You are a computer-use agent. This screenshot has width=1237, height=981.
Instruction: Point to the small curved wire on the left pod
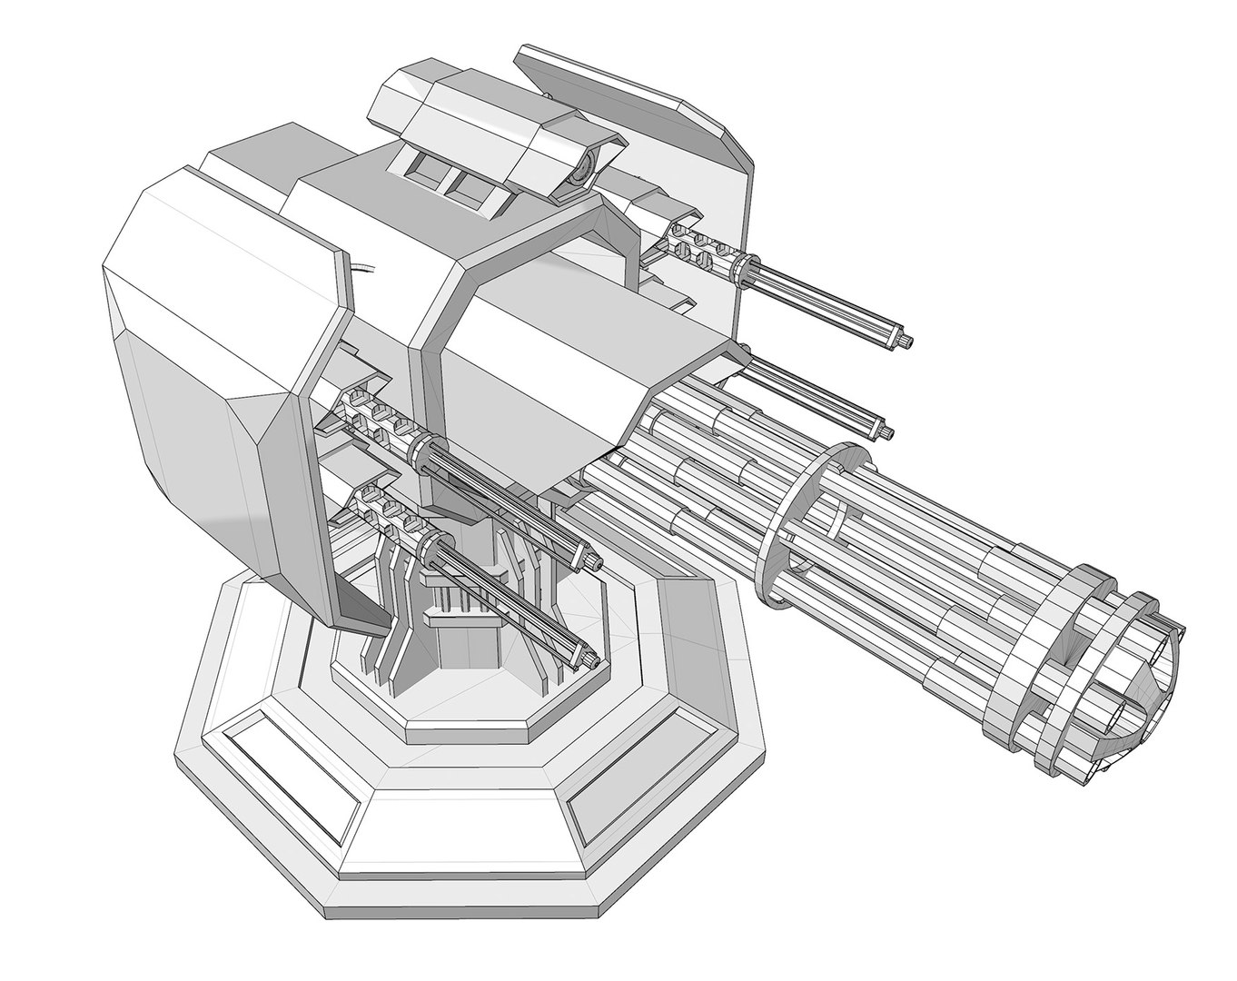363,269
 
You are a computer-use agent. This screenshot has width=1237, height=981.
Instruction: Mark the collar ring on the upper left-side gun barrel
429,451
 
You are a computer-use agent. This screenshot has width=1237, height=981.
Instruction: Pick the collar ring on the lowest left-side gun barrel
427,545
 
